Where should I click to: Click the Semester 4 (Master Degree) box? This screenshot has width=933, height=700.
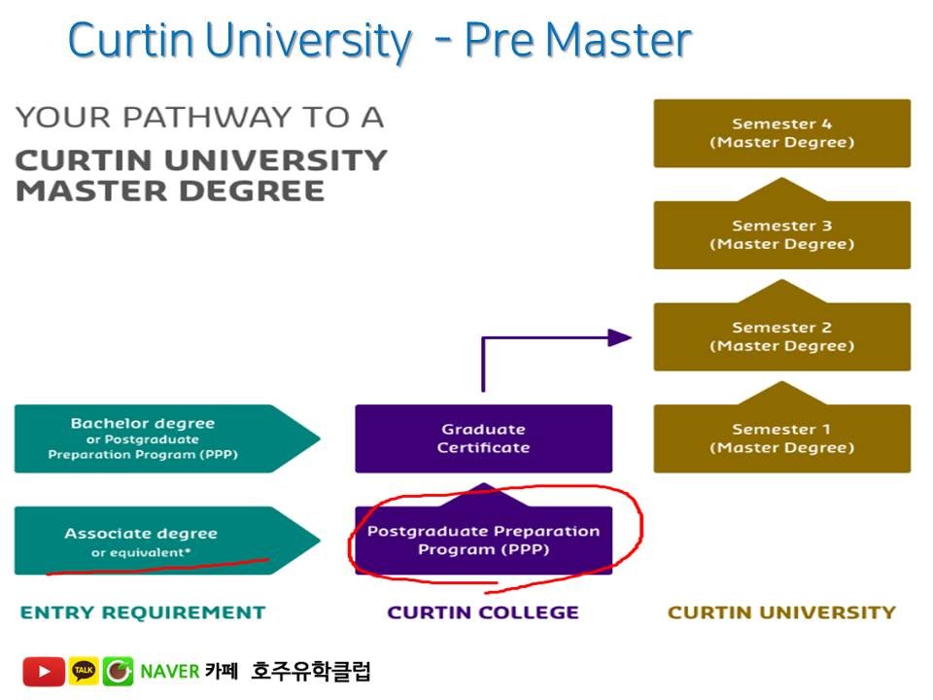pos(781,133)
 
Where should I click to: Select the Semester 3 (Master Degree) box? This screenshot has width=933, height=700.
pos(781,235)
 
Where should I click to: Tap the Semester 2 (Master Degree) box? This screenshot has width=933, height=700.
pos(781,337)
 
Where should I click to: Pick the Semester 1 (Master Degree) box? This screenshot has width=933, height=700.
pos(781,438)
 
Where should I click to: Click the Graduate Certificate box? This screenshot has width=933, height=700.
pos(483,438)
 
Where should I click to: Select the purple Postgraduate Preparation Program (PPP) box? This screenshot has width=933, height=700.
pos(483,541)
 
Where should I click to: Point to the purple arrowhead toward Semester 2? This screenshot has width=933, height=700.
pos(619,337)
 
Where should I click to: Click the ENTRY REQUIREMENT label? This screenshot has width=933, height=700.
pos(143,612)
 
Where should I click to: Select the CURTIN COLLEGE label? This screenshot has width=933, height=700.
pos(483,612)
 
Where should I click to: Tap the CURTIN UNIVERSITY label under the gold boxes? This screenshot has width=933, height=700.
pos(781,612)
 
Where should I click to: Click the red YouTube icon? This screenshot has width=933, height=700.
pos(44,672)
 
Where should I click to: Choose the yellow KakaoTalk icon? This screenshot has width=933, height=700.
pos(84,672)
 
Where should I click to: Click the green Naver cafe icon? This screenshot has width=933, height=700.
pos(119,672)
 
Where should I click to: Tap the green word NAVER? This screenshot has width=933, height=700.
pos(169,672)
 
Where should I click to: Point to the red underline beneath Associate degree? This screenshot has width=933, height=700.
pos(155,566)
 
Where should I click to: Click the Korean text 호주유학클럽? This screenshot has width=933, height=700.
pos(310,672)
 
